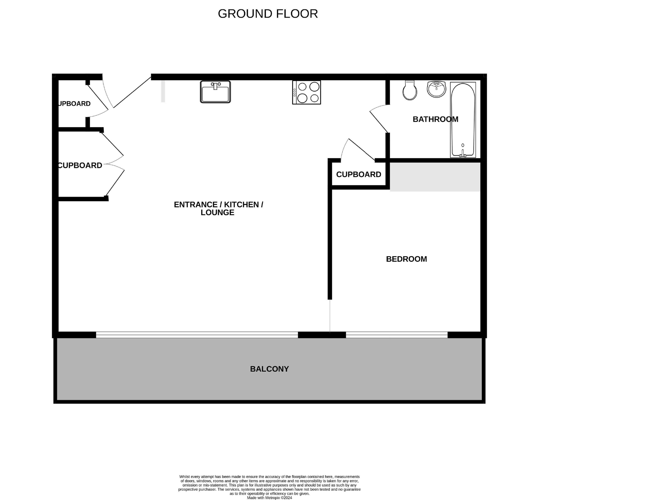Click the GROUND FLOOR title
point(268,14)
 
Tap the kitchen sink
point(215,92)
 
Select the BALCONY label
point(269,369)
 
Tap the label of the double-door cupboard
point(80,165)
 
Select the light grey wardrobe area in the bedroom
point(435,177)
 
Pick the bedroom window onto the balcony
point(397,335)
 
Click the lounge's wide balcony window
point(197,335)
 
